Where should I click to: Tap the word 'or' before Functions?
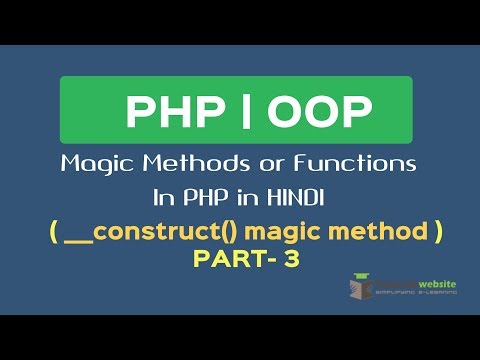pyautogui.click(x=262, y=162)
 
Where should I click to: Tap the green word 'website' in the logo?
pyautogui.click(x=433, y=283)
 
